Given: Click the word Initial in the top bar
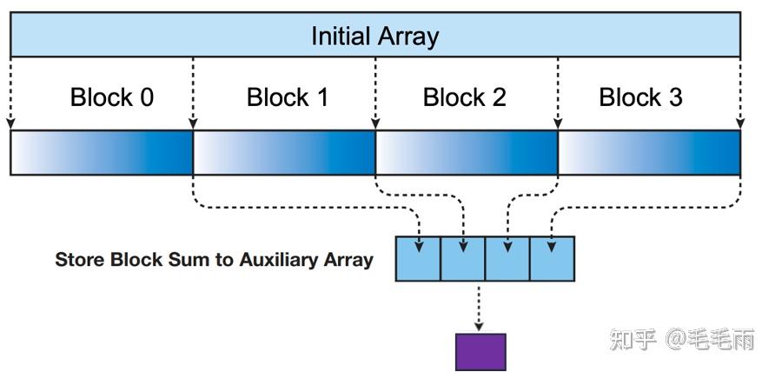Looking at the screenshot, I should click(x=341, y=37).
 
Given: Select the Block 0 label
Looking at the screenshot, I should click(x=111, y=97).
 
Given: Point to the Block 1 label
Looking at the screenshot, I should click(x=288, y=97).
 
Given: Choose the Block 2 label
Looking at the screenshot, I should click(x=464, y=97).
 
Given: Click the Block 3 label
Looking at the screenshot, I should click(x=640, y=97).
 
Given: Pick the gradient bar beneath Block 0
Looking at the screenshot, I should click(x=101, y=153).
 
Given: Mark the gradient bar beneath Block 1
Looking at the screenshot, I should click(x=284, y=153).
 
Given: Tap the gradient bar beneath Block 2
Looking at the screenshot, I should click(x=467, y=153).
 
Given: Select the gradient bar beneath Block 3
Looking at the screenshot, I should click(x=649, y=153).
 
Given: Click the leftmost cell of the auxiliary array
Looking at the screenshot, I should click(x=418, y=258).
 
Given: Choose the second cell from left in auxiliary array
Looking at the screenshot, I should click(x=462, y=258).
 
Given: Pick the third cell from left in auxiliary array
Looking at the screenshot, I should click(x=507, y=258).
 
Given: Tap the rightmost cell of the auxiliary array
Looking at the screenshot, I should click(x=552, y=258).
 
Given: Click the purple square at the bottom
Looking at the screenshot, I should click(x=480, y=352).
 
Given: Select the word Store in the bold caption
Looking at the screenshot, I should click(x=80, y=259).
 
